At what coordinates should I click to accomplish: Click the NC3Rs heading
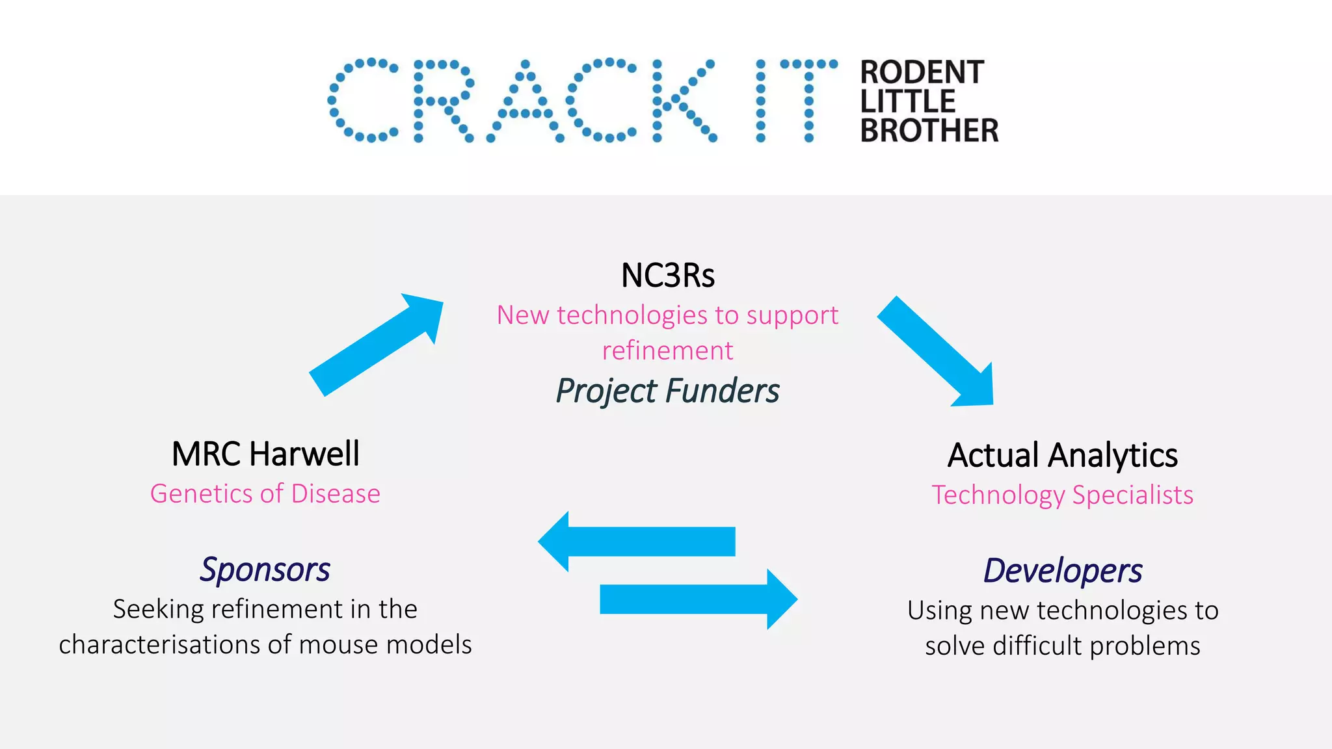(x=667, y=276)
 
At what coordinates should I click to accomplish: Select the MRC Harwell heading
(x=265, y=454)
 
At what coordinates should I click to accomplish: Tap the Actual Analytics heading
(x=1062, y=455)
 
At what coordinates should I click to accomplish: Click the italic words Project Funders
(x=667, y=391)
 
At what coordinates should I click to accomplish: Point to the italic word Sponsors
(x=265, y=570)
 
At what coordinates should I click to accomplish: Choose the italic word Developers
(x=1062, y=571)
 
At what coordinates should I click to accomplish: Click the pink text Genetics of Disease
(x=265, y=493)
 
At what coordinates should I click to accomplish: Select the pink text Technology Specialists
(x=1062, y=495)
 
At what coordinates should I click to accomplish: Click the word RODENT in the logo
(x=922, y=72)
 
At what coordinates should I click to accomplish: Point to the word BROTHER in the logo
(x=929, y=130)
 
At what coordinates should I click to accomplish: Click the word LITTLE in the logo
(x=907, y=101)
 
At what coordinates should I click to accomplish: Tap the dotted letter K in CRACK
(x=682, y=101)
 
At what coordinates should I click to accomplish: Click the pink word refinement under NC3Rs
(x=667, y=351)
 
